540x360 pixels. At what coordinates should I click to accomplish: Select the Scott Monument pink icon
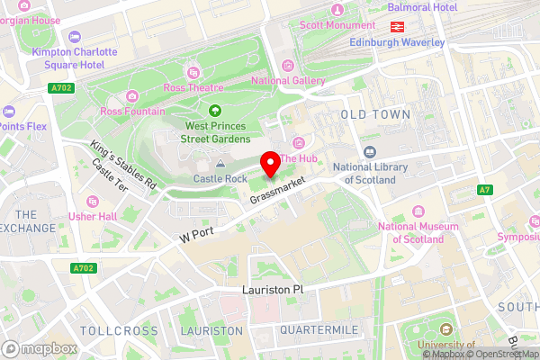click(x=337, y=10)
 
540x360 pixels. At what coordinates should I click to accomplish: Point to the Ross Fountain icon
click(x=131, y=96)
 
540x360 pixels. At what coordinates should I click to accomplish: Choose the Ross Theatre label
click(x=192, y=87)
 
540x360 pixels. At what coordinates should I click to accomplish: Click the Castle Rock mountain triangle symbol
click(x=221, y=164)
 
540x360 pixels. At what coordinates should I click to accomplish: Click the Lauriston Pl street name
click(x=274, y=291)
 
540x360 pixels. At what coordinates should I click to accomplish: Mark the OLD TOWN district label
click(x=375, y=115)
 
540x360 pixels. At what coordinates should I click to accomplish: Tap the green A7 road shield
click(x=484, y=189)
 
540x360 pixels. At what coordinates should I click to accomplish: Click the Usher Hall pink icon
click(x=90, y=201)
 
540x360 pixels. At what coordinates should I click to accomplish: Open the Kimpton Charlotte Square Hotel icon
click(x=74, y=38)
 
